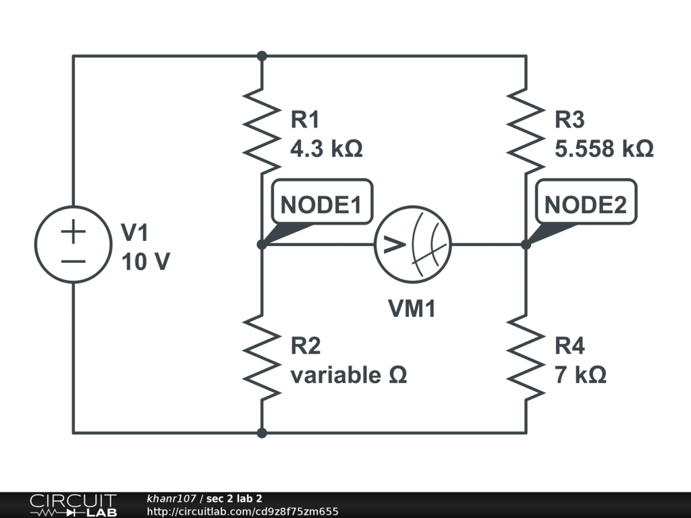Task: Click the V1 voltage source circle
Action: click(74, 244)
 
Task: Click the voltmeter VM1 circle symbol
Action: click(413, 244)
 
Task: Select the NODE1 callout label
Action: click(321, 202)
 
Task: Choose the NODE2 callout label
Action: click(585, 202)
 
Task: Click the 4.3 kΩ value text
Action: click(327, 149)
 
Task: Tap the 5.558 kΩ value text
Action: click(604, 149)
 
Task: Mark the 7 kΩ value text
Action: click(580, 375)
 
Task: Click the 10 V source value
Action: click(146, 262)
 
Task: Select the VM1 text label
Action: click(412, 309)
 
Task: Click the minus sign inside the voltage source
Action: click(74, 260)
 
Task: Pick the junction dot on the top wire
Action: click(262, 56)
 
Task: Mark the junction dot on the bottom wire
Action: click(262, 432)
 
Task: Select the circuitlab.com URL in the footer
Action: click(242, 511)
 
